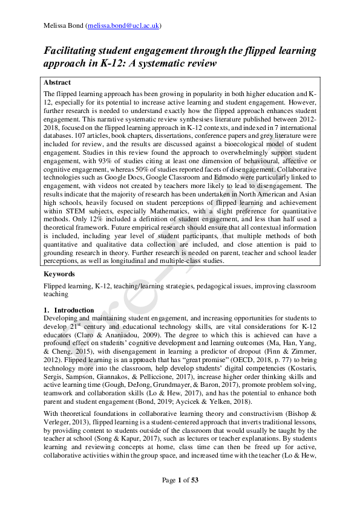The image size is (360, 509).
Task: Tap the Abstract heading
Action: (x=57, y=83)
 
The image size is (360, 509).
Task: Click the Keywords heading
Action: (x=59, y=274)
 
